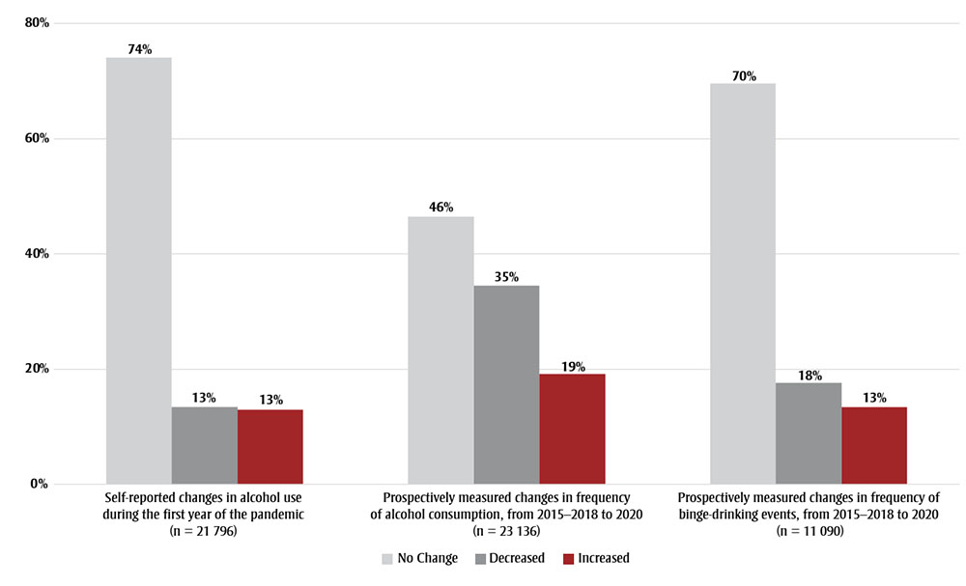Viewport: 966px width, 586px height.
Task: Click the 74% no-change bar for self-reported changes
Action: point(138,270)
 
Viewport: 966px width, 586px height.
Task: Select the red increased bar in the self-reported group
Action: point(270,446)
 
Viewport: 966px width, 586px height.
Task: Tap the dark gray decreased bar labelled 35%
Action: point(506,384)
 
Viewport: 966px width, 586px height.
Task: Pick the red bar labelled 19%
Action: point(572,429)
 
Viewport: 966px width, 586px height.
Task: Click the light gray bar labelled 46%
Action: point(440,349)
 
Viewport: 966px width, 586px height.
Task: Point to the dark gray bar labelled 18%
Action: point(809,433)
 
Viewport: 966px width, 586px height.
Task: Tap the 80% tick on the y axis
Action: point(37,23)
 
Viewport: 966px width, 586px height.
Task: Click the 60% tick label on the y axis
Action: point(37,138)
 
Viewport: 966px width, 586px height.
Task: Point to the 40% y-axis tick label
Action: point(37,254)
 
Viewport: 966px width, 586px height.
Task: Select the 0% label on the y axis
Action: point(40,484)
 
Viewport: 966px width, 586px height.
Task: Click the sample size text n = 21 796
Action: point(204,531)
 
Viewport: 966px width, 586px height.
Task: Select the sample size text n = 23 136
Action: point(506,531)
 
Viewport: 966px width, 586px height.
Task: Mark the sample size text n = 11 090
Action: point(809,531)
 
